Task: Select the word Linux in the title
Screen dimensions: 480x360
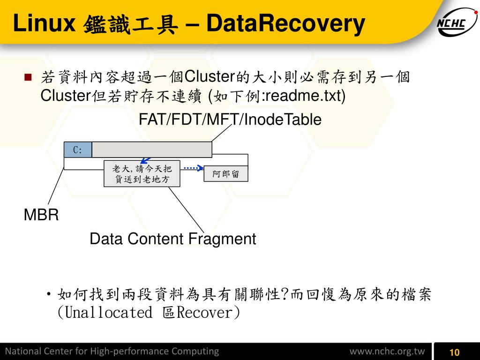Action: pyautogui.click(x=45, y=24)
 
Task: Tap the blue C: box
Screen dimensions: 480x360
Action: pyautogui.click(x=78, y=150)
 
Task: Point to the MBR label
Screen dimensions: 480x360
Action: pyautogui.click(x=41, y=216)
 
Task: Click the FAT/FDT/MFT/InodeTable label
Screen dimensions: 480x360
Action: pyautogui.click(x=230, y=120)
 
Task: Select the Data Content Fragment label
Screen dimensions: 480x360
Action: pyautogui.click(x=172, y=239)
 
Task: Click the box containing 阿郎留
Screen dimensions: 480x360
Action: pyautogui.click(x=226, y=174)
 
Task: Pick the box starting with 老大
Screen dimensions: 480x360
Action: pyautogui.click(x=142, y=173)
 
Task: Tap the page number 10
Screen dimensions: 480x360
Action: pyautogui.click(x=454, y=352)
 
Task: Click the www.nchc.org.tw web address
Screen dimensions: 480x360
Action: pyautogui.click(x=387, y=352)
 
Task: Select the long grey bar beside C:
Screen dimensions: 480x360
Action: pyautogui.click(x=152, y=150)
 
